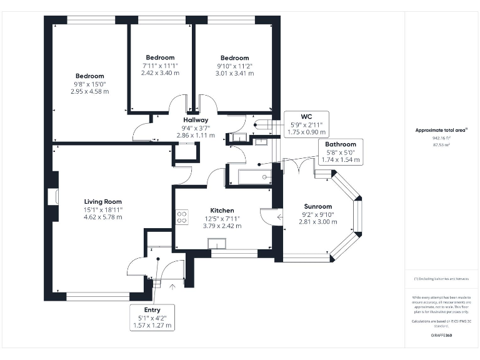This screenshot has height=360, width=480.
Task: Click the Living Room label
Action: tap(103, 201)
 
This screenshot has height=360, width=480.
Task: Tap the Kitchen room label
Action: tap(222, 210)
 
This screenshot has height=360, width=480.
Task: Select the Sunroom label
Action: tap(317, 206)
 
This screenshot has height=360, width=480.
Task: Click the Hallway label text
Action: tap(196, 120)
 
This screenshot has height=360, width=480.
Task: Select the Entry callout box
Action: tap(152, 317)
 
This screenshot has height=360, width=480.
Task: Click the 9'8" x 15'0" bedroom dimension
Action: tap(90, 84)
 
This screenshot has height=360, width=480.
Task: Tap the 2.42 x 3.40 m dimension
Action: tap(160, 73)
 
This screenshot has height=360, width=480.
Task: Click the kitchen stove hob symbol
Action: tap(182, 217)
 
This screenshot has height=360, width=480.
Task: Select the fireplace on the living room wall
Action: tap(55, 196)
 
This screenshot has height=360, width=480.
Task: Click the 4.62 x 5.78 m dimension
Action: tap(103, 217)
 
